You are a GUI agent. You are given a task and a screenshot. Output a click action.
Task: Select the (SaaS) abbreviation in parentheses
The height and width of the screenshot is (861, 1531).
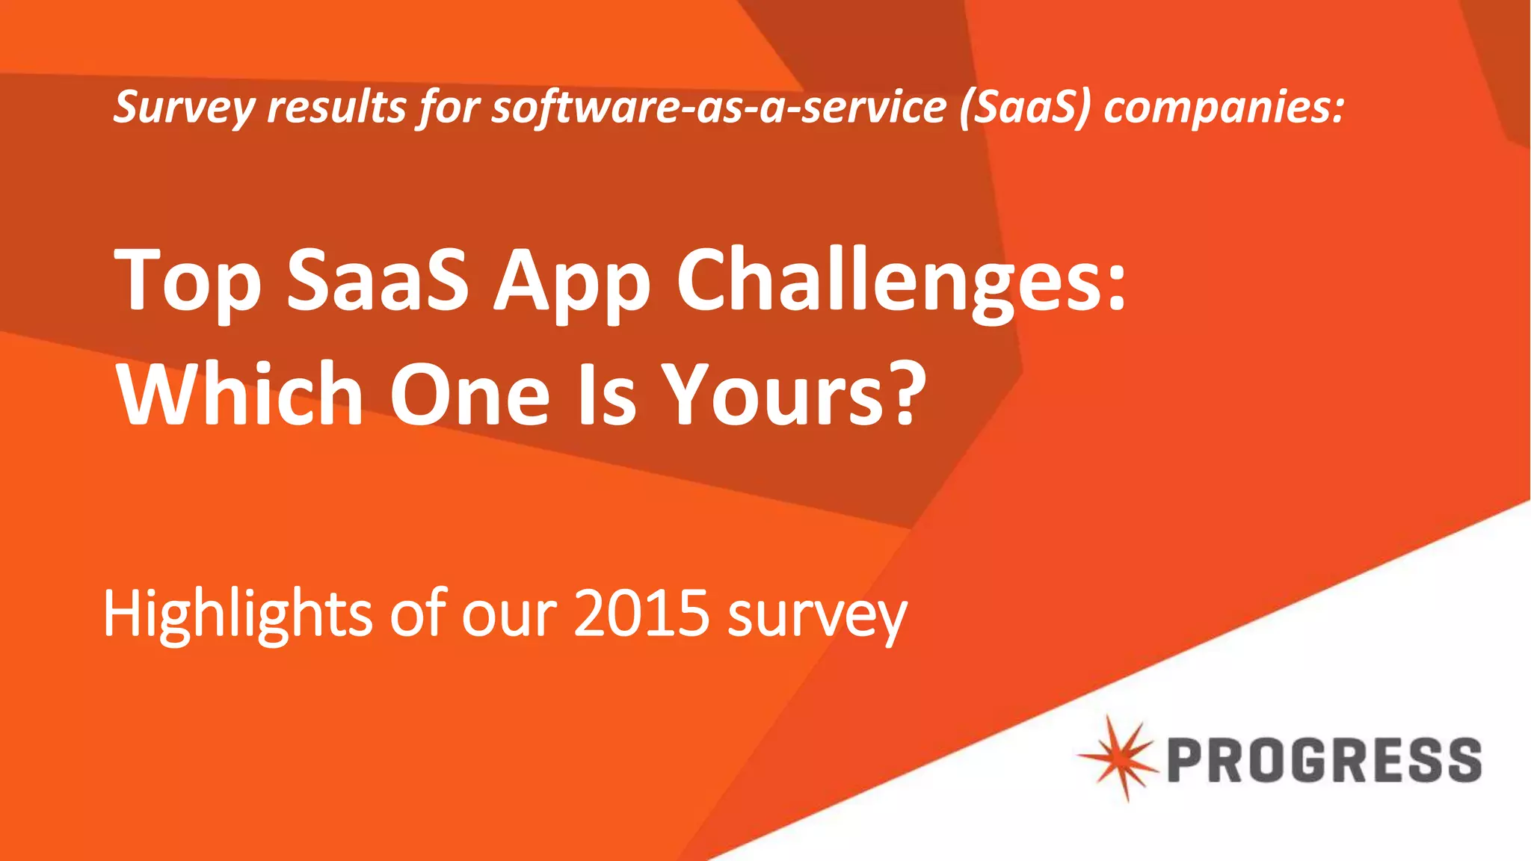click(1025, 107)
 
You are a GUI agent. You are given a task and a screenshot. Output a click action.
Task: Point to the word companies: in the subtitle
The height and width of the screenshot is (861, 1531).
click(1225, 107)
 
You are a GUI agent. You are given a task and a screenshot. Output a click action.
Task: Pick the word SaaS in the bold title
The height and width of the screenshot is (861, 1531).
click(378, 280)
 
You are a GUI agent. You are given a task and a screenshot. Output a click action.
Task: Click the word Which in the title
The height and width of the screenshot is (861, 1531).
click(240, 394)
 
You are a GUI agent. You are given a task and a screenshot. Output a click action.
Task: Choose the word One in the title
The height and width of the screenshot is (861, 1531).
click(470, 394)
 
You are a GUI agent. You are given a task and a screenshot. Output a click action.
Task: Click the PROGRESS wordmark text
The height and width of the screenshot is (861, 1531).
click(1324, 760)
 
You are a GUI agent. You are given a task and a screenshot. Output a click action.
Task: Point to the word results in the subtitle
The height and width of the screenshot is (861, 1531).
click(336, 107)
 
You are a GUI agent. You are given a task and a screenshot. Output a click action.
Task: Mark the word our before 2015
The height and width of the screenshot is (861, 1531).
click(509, 614)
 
